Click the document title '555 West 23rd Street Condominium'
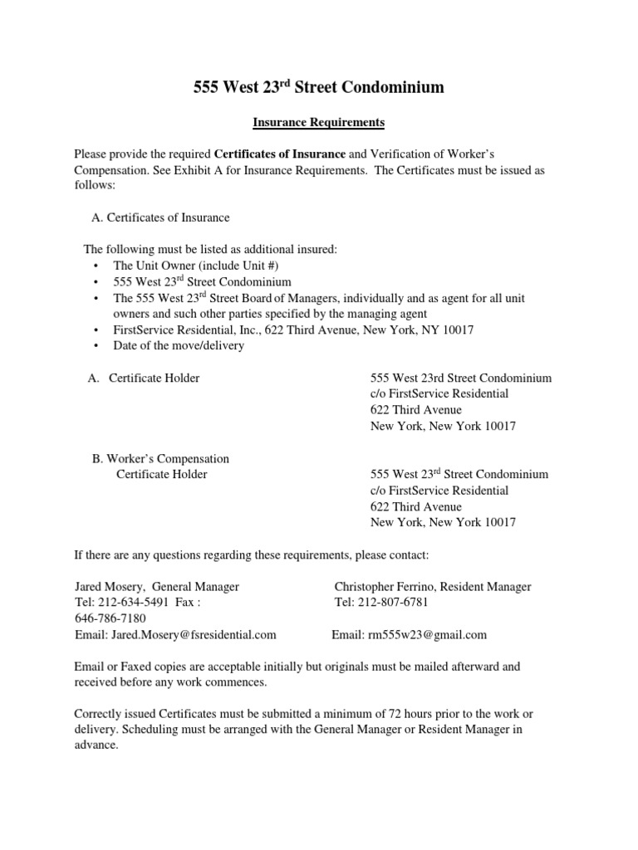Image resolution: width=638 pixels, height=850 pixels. point(318,87)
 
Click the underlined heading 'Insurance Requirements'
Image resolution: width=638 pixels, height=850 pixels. point(318,122)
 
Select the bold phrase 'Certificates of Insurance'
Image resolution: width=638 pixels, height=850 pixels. point(280,154)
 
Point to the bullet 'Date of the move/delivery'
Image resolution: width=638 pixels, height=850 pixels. point(179,345)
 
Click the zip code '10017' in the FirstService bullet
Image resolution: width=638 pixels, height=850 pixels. point(456,330)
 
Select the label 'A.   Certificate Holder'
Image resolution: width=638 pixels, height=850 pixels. point(144,378)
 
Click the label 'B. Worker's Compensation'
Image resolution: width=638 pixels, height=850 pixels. point(159,458)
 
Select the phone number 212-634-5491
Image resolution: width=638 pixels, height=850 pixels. point(130,603)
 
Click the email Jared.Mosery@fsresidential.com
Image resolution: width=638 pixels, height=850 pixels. point(175,635)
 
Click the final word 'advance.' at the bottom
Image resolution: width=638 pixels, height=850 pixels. point(96,746)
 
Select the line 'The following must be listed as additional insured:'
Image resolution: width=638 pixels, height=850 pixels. point(211,250)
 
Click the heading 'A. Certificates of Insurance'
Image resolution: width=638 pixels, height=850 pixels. point(159,217)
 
